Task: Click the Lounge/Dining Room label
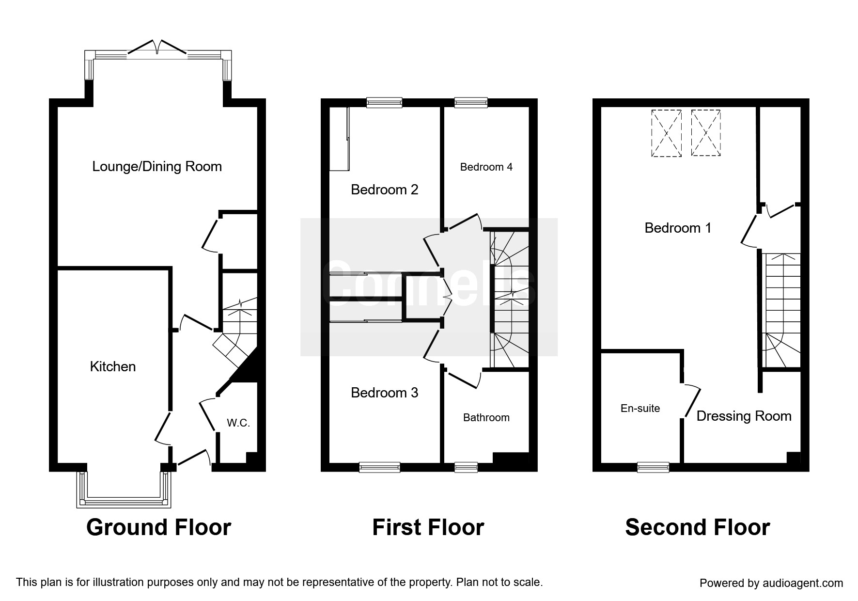coord(157,167)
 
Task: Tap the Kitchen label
coord(113,366)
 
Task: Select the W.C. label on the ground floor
coord(238,423)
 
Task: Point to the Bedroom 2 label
coord(385,190)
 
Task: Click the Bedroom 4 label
coord(486,167)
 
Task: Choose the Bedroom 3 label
coord(385,393)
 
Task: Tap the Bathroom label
coord(486,418)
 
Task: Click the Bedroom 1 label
coord(678,228)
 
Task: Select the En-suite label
coord(640,409)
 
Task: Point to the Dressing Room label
coord(744,416)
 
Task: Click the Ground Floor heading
coord(159,527)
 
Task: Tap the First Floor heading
coord(428,527)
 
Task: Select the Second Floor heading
coord(698,527)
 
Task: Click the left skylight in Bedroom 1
coord(666,133)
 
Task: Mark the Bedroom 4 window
coord(471,102)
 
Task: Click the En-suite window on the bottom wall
coord(653,467)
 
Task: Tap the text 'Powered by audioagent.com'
coord(771,583)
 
